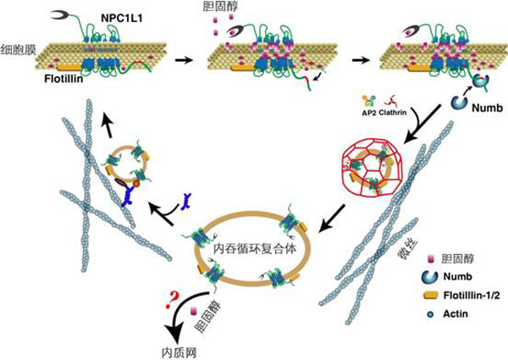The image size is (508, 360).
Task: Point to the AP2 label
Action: (367, 111)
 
